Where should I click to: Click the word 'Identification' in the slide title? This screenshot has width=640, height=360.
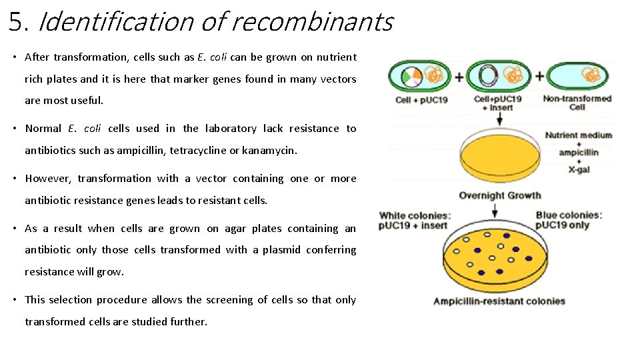117,23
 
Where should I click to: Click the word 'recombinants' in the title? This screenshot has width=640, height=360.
312,23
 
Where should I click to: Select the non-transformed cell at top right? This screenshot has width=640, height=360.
577,76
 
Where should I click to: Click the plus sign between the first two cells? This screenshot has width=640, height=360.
459,77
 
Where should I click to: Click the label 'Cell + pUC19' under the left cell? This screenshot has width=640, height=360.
421,100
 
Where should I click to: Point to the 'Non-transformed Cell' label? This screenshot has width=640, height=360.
577,103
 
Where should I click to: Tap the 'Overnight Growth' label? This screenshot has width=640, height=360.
499,195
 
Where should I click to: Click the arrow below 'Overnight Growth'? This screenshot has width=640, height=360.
495,210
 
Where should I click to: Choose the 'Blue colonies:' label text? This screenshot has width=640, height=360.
569,215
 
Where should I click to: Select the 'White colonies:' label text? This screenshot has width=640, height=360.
415,215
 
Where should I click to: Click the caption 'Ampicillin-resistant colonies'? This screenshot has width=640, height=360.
499,301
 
